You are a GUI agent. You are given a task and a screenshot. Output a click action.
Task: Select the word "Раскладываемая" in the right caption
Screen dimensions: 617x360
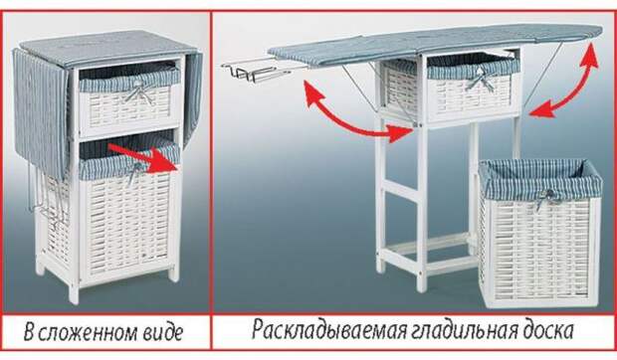coord(329,329)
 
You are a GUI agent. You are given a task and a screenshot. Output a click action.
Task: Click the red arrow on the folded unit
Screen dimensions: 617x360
coord(143,158)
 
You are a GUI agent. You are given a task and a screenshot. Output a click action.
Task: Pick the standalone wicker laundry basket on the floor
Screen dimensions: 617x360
coord(539,233)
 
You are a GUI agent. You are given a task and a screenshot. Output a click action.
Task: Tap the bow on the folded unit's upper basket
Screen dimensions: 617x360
coord(138,93)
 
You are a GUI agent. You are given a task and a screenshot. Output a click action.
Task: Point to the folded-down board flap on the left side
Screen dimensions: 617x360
coord(41,111)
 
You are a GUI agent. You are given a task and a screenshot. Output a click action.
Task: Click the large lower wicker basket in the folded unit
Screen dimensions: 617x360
coord(127,212)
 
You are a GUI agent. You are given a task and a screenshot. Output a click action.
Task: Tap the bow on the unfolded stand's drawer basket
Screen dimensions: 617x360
coord(480,80)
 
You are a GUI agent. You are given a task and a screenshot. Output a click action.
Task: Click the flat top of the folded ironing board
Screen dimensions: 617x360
coord(107,48)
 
